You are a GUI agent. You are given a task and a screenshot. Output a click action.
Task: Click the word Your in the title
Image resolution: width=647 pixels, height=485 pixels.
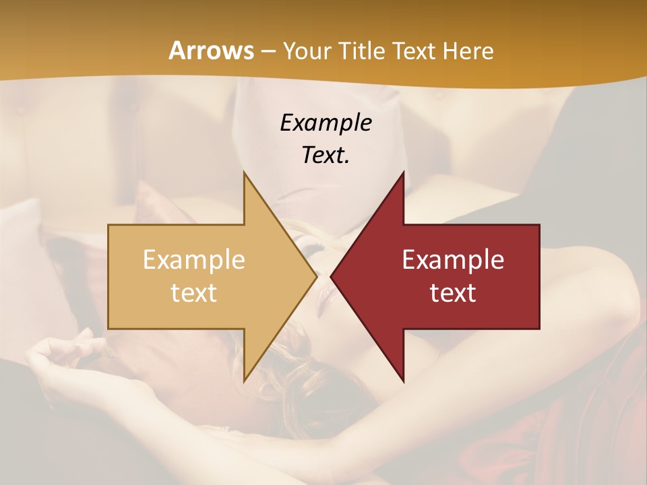(x=307, y=51)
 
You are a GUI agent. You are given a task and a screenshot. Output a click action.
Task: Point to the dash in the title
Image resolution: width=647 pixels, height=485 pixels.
(x=268, y=51)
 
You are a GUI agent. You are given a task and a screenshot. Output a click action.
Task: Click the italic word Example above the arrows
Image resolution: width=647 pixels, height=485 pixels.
(x=326, y=123)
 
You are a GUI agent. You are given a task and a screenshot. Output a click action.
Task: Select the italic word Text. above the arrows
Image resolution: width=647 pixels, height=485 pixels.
(x=326, y=155)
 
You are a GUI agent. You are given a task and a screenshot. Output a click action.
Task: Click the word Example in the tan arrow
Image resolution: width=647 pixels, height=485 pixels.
(x=193, y=260)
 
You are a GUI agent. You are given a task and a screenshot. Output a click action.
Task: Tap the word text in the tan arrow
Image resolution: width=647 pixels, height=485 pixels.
(x=193, y=292)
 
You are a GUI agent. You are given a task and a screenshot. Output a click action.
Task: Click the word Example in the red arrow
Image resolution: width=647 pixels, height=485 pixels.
(x=453, y=260)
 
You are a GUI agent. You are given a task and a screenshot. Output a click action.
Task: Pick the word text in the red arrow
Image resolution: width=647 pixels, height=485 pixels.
(x=453, y=292)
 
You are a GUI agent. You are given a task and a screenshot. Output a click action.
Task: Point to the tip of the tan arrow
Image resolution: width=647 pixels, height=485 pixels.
(x=317, y=277)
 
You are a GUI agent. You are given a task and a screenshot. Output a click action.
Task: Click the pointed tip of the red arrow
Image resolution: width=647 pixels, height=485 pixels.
(x=331, y=277)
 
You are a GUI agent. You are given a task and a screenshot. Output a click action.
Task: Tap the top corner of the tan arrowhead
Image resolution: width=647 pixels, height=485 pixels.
(x=244, y=172)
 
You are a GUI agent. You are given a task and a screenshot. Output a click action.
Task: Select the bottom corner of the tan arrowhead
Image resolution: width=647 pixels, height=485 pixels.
(x=244, y=381)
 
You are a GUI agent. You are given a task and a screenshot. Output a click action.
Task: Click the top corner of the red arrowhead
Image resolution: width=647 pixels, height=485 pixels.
(x=404, y=172)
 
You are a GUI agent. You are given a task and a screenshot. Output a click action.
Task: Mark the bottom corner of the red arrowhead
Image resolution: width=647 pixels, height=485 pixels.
(x=404, y=381)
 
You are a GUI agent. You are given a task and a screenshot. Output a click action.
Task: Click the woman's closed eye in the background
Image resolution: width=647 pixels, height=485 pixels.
(x=311, y=251)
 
